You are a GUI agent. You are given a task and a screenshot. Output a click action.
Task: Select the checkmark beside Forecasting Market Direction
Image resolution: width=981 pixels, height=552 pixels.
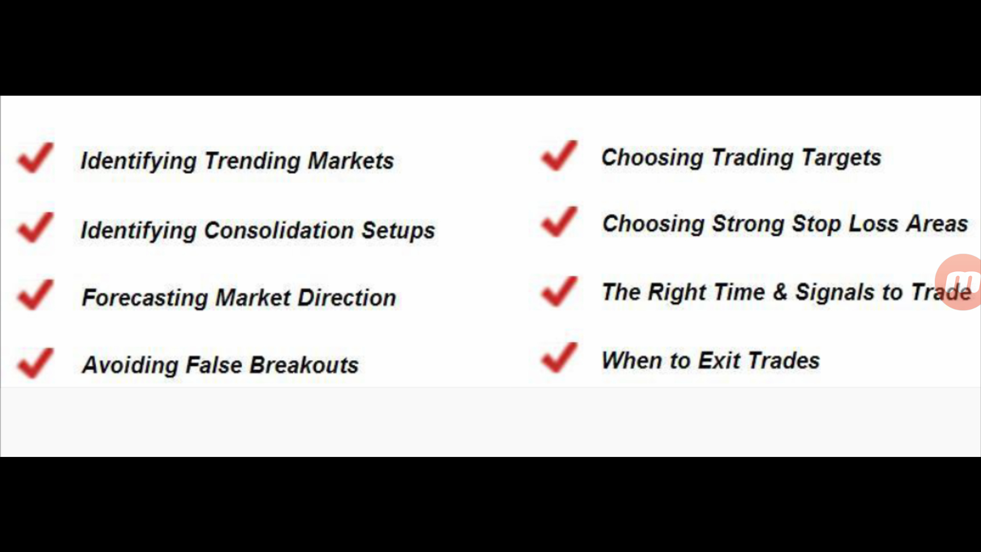(x=35, y=294)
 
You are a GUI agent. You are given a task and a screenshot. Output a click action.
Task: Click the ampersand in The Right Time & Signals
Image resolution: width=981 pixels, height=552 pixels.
(x=780, y=292)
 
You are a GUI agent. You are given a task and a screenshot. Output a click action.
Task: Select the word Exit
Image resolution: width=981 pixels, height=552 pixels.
(x=719, y=360)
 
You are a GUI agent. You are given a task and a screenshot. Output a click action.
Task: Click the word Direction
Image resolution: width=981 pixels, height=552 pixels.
(x=347, y=297)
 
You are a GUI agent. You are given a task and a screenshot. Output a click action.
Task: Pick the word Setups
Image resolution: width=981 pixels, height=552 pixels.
(x=399, y=231)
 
